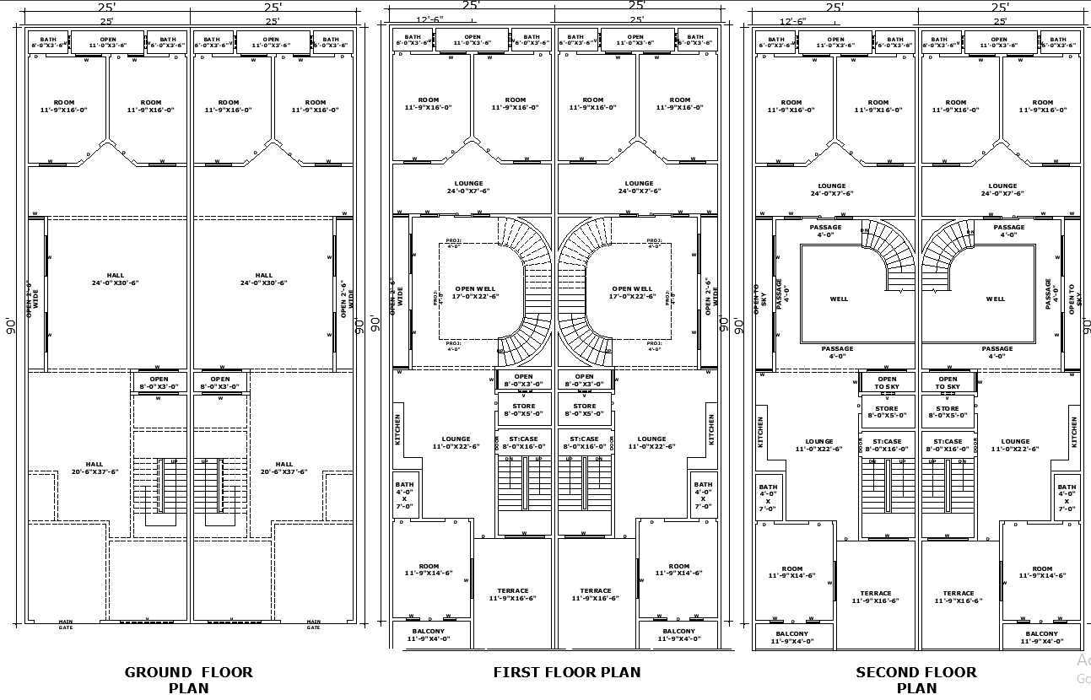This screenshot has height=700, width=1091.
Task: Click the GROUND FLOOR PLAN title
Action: point(188,680)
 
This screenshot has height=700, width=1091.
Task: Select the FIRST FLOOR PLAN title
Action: point(566,672)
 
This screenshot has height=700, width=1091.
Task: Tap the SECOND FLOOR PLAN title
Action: point(916,680)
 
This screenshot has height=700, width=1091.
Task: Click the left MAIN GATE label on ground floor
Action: point(66,625)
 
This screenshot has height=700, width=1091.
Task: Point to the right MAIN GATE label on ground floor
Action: point(313,625)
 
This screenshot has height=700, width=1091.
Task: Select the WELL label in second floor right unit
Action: point(996,299)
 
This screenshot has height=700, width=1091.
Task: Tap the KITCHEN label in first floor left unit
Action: point(398,429)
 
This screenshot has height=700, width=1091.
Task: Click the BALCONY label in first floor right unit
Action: point(678,635)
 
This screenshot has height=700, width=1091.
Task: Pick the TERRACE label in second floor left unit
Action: point(876,597)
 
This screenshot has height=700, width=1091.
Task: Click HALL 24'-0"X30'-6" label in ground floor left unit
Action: point(116,279)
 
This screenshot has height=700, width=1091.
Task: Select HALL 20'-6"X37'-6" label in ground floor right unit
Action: point(284,468)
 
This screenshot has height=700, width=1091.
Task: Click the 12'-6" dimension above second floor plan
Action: point(792,21)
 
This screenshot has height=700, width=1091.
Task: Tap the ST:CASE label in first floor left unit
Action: point(523,443)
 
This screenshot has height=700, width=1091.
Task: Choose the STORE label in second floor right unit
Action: point(948,412)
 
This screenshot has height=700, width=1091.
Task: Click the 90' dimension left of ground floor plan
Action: point(11,326)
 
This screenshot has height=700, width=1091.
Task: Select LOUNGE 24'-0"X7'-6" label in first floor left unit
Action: point(469,187)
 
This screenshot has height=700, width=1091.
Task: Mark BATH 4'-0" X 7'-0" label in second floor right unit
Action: point(1067,498)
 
